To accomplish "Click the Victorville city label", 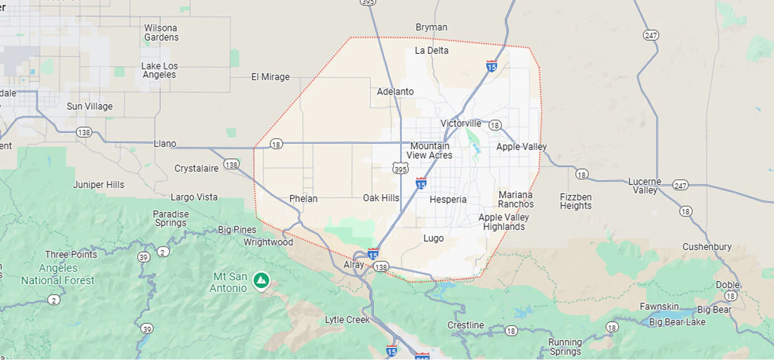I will coord(460,123).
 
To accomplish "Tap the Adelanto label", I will coord(395,92).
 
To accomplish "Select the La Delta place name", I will coord(431,50).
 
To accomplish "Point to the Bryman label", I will coord(431,27).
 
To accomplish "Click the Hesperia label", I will coord(448,200).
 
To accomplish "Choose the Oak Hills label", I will coord(381,198).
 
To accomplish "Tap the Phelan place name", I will coord(303,199).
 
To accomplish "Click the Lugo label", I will coord(433,238).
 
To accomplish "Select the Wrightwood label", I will coord(268,242).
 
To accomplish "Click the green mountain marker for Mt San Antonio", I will coord(261,279).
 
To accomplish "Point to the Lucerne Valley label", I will coord(644,185).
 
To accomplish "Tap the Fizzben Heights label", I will coord(576,201).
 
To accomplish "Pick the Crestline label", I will coord(466,325).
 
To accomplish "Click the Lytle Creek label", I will coord(348,319).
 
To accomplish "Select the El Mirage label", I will coord(270,77).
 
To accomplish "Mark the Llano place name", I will coord(165,143).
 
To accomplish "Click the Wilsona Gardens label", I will coord(161,33).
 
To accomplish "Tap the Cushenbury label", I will coord(707,247).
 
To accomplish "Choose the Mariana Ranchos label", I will coord(515,199).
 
